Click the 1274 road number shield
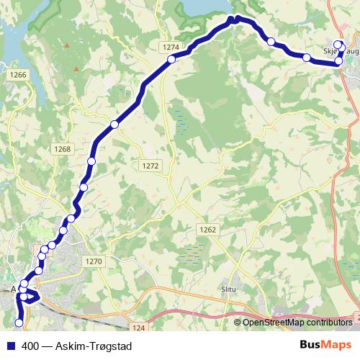(x=171, y=47)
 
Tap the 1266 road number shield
(x=19, y=74)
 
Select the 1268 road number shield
(x=63, y=149)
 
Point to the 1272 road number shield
(x=150, y=166)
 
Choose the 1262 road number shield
(x=207, y=229)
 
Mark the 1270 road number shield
(x=94, y=261)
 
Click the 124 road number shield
(x=140, y=328)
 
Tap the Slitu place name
(x=230, y=289)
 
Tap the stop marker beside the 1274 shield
(x=172, y=60)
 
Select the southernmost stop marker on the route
(x=19, y=322)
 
